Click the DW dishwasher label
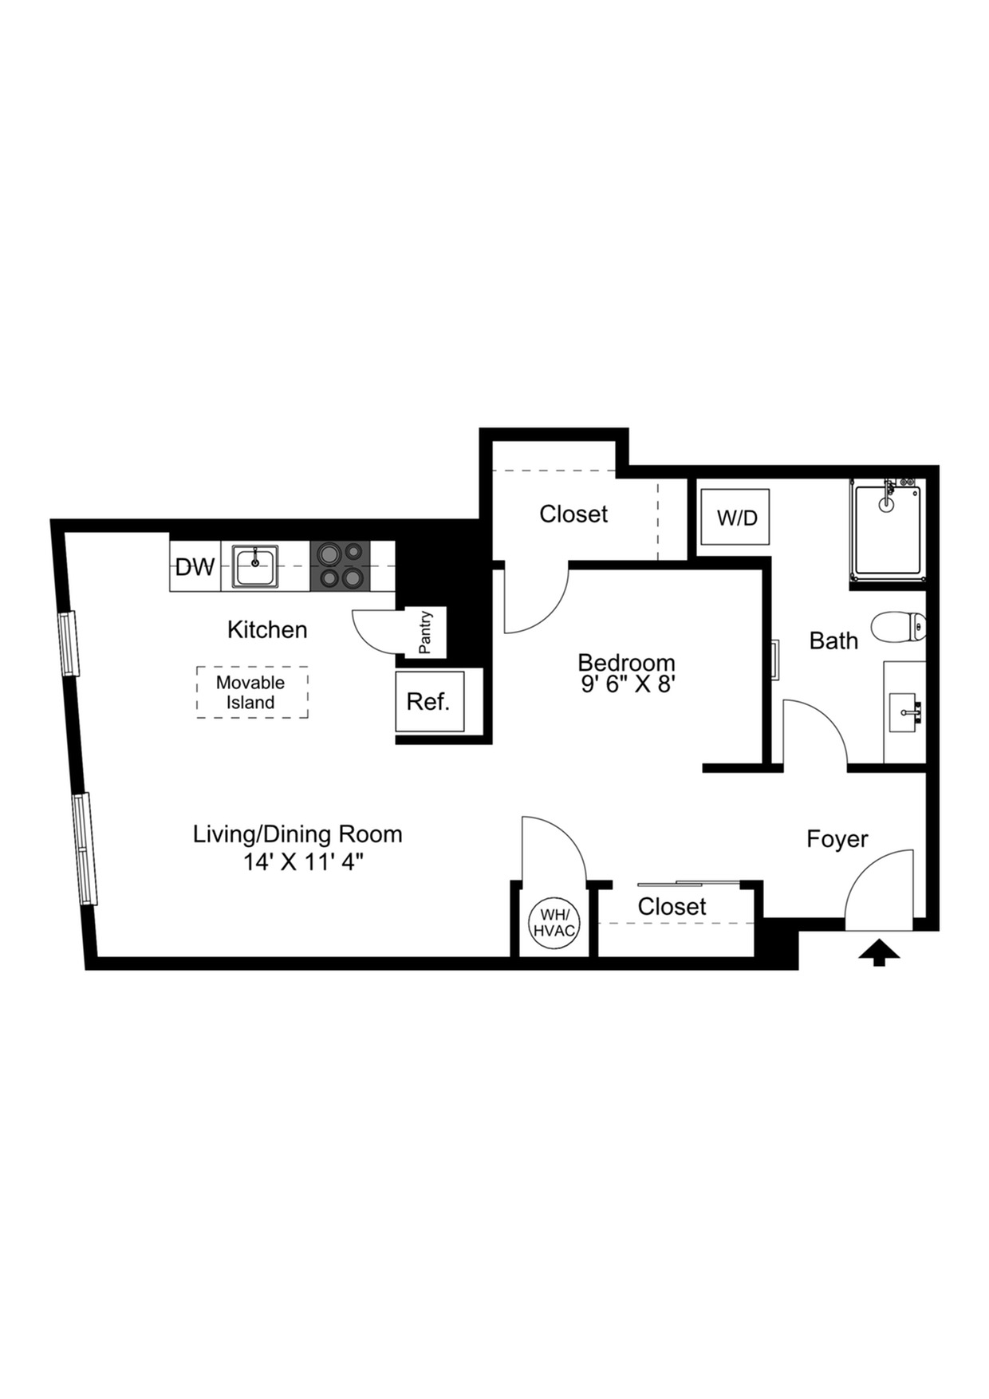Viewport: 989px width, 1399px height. (x=195, y=567)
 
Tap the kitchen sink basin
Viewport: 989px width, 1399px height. (x=255, y=566)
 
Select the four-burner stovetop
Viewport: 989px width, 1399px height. (x=341, y=566)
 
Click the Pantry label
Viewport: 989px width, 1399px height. (x=426, y=633)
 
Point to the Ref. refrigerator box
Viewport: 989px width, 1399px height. (x=429, y=702)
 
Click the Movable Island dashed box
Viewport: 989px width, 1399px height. (x=252, y=692)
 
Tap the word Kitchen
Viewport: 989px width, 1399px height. (x=267, y=630)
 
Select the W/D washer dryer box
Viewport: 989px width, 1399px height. (x=735, y=518)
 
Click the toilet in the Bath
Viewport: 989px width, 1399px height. (x=897, y=627)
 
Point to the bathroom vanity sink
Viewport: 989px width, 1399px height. (x=907, y=711)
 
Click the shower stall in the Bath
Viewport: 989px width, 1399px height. (x=887, y=532)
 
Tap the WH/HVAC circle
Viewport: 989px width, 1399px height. (x=554, y=924)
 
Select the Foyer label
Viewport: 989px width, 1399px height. (x=837, y=839)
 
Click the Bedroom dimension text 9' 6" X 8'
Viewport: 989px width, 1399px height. (x=628, y=684)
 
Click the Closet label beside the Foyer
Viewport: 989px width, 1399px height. (x=672, y=907)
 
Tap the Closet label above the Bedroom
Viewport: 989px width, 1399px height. (x=573, y=514)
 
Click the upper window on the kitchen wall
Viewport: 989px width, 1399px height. (x=70, y=643)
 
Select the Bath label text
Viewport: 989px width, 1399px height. (x=833, y=640)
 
